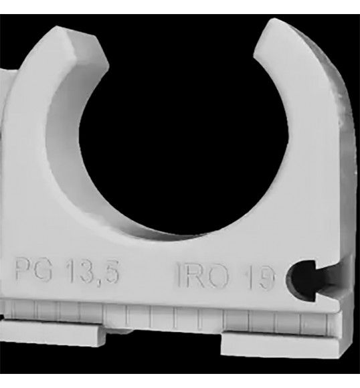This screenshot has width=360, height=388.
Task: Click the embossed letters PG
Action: [33, 270]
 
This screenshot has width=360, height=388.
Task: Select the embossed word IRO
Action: [203, 275]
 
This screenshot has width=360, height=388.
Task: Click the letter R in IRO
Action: [196, 275]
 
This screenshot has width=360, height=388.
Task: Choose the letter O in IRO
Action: [218, 276]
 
